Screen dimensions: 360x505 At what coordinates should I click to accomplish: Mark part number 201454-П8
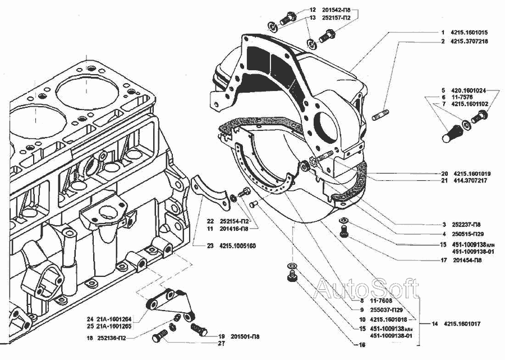467,260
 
